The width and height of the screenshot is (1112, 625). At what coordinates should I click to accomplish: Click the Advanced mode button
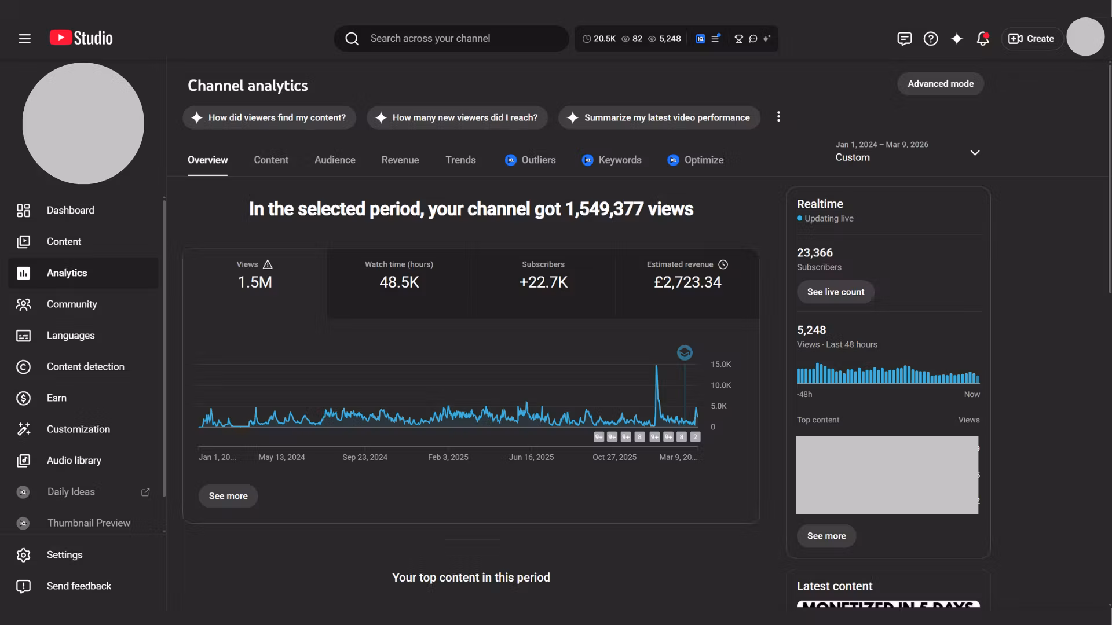(940, 84)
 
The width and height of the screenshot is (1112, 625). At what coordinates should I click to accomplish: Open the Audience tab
(335, 160)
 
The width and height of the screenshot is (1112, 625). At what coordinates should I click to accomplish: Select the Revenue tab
(400, 160)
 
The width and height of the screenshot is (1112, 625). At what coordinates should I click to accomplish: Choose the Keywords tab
(619, 160)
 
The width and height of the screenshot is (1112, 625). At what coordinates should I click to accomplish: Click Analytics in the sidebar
(67, 273)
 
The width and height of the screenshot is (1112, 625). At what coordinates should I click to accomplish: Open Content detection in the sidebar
(85, 367)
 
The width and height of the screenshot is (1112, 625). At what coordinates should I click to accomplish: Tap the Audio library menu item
(74, 461)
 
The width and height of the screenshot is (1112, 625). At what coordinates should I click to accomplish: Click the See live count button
(835, 292)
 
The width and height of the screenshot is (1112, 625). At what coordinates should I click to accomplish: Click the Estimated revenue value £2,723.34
(687, 282)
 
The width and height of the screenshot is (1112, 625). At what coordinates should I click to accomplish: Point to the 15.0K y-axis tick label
(720, 365)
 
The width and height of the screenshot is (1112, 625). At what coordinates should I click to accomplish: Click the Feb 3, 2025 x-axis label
(448, 457)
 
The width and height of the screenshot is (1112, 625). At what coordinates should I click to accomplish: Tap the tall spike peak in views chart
(656, 367)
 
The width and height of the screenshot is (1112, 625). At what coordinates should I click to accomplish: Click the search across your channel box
(452, 39)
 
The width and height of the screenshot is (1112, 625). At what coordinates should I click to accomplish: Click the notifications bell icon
(982, 39)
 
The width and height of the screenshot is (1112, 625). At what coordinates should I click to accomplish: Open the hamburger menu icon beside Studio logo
(24, 39)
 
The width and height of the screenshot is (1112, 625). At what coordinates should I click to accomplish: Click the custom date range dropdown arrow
(975, 153)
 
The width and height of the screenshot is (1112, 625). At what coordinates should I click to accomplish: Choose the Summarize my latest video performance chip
(659, 118)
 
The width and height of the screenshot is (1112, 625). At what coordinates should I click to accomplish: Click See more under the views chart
(228, 496)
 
